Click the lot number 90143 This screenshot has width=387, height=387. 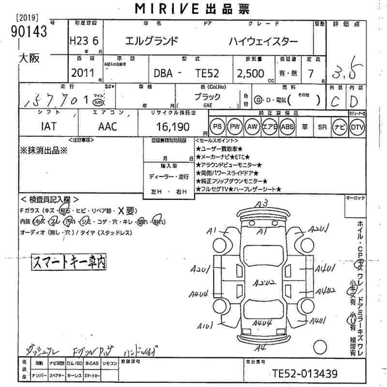tap(29, 32)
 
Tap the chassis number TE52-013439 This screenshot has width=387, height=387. tap(304, 373)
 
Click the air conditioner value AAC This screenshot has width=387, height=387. tap(108, 127)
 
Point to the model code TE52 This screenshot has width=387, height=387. tap(208, 73)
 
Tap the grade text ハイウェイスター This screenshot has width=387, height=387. tap(264, 41)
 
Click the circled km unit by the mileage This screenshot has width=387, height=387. tap(99, 103)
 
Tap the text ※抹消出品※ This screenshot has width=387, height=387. tap(45, 150)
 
